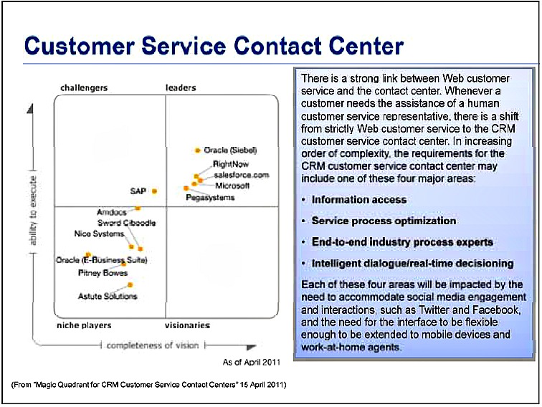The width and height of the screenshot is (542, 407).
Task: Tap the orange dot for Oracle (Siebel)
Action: (x=197, y=150)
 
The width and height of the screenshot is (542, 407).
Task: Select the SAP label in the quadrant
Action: (x=138, y=191)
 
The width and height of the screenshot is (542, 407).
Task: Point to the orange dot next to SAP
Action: (x=154, y=191)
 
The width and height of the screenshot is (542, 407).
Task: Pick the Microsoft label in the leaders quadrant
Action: (x=232, y=186)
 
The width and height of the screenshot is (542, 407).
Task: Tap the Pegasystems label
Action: (x=210, y=197)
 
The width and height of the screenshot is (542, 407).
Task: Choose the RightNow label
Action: (x=231, y=164)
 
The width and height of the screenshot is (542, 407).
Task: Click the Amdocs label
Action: (x=111, y=213)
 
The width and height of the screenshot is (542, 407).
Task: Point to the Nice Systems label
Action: (x=99, y=234)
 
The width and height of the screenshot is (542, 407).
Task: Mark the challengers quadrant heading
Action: (x=84, y=88)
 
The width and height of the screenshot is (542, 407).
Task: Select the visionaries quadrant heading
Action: (x=187, y=325)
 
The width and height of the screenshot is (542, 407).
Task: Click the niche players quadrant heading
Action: (x=84, y=325)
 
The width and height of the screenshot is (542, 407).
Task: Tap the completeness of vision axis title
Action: (x=153, y=345)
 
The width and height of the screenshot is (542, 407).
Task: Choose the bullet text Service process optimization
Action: (x=384, y=221)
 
